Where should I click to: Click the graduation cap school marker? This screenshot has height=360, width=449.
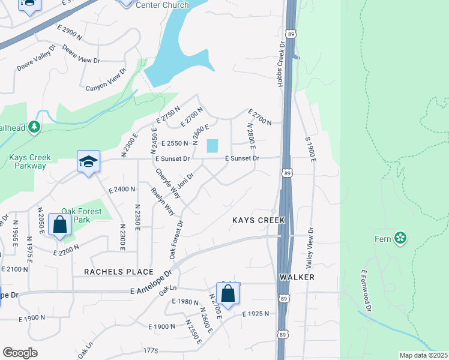click(x=88, y=163)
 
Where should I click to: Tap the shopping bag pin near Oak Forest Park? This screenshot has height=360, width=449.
click(x=60, y=226)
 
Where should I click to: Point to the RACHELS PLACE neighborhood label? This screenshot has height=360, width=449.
click(x=119, y=272)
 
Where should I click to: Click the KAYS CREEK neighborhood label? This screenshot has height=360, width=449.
click(x=259, y=221)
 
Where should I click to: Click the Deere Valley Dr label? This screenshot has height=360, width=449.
click(x=36, y=58)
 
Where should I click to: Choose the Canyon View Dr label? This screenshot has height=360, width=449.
click(x=107, y=80)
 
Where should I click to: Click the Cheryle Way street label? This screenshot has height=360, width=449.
click(x=167, y=183)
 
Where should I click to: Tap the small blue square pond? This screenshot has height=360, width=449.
click(x=212, y=146)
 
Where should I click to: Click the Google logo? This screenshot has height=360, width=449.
click(x=20, y=353)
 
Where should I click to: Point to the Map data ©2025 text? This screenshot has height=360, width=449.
click(x=423, y=355)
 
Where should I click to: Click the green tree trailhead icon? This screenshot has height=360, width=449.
click(x=35, y=127)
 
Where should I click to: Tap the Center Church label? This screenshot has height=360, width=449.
click(x=162, y=5)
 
